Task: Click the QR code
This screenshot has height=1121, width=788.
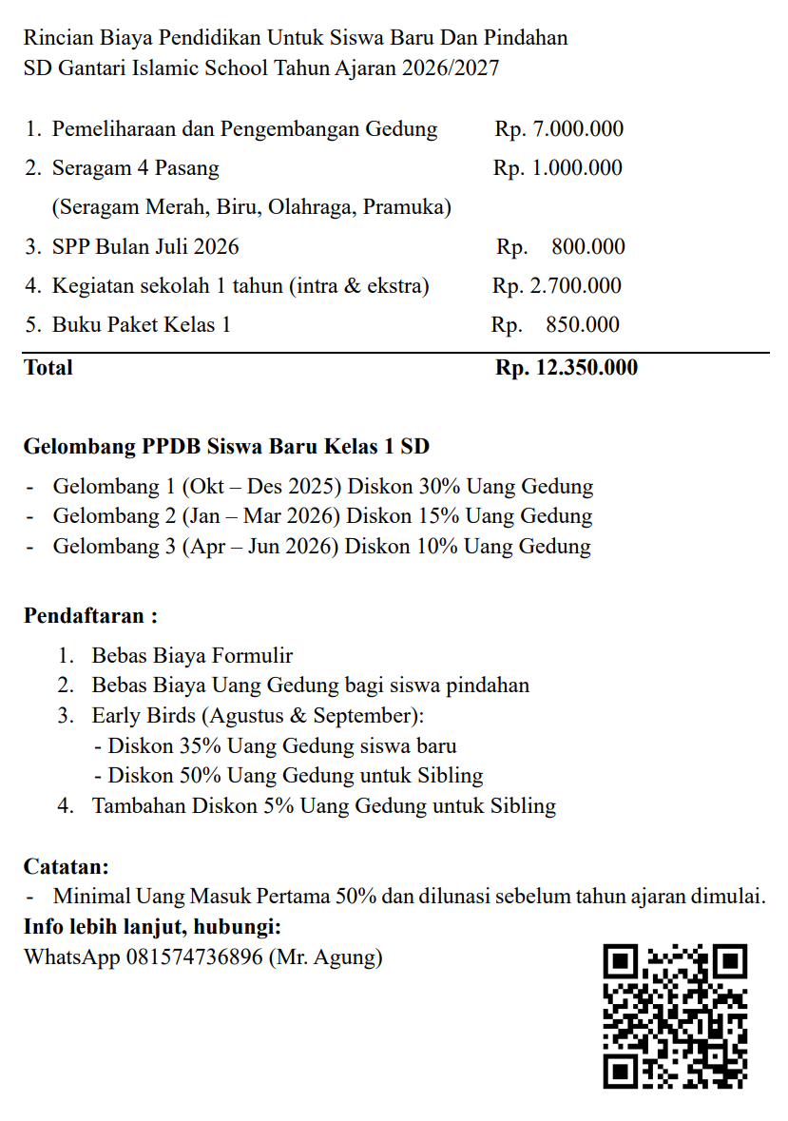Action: click(675, 1015)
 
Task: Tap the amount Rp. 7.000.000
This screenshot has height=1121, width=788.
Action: click(559, 129)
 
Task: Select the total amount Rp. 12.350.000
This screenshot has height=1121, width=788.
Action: click(567, 368)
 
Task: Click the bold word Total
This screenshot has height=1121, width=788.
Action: click(48, 368)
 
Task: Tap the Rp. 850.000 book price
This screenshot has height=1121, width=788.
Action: click(555, 325)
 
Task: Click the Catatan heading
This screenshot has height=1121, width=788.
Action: click(67, 866)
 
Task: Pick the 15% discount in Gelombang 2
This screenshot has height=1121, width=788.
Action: click(439, 516)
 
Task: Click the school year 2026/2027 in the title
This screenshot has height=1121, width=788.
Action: click(451, 68)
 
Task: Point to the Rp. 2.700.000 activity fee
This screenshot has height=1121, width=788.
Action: click(557, 286)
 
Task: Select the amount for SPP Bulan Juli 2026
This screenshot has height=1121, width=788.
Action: click(561, 247)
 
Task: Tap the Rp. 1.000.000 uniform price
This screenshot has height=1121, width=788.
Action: click(558, 168)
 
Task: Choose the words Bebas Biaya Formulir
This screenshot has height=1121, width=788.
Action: click(192, 655)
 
